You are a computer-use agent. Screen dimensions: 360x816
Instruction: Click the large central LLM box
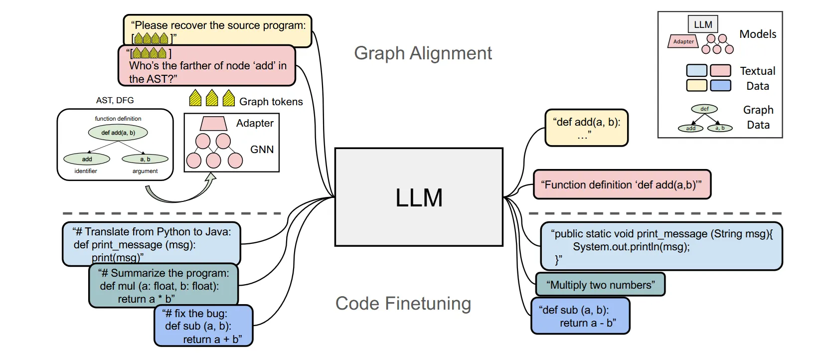[x=419, y=197]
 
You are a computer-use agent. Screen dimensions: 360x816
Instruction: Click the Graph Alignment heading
[x=423, y=53]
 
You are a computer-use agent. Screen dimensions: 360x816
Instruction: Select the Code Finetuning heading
[x=403, y=303]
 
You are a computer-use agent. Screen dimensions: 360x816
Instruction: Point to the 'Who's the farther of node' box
[x=206, y=66]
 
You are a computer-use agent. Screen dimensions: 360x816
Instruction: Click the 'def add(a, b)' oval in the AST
[x=118, y=133]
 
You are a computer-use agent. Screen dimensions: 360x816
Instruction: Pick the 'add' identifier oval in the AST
[x=87, y=159]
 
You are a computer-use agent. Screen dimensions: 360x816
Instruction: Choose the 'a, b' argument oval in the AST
[x=145, y=159]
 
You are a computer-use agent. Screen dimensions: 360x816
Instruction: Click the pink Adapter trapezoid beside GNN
[x=213, y=123]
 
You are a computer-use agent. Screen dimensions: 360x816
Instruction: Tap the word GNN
[x=262, y=150]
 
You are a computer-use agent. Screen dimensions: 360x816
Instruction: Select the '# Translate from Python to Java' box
[x=152, y=244]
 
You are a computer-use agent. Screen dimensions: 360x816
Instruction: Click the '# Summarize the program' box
[x=163, y=286]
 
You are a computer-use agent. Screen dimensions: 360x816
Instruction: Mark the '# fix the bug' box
[x=203, y=326]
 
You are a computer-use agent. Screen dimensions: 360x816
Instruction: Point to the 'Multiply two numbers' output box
[x=600, y=285]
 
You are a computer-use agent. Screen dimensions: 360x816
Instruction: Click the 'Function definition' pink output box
[x=622, y=184]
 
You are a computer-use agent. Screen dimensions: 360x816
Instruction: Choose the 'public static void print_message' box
[x=661, y=246]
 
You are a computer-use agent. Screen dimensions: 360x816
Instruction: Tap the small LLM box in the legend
[x=702, y=24]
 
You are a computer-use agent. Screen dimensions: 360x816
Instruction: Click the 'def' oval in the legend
[x=704, y=109]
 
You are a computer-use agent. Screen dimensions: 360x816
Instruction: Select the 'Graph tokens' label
[x=271, y=102]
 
